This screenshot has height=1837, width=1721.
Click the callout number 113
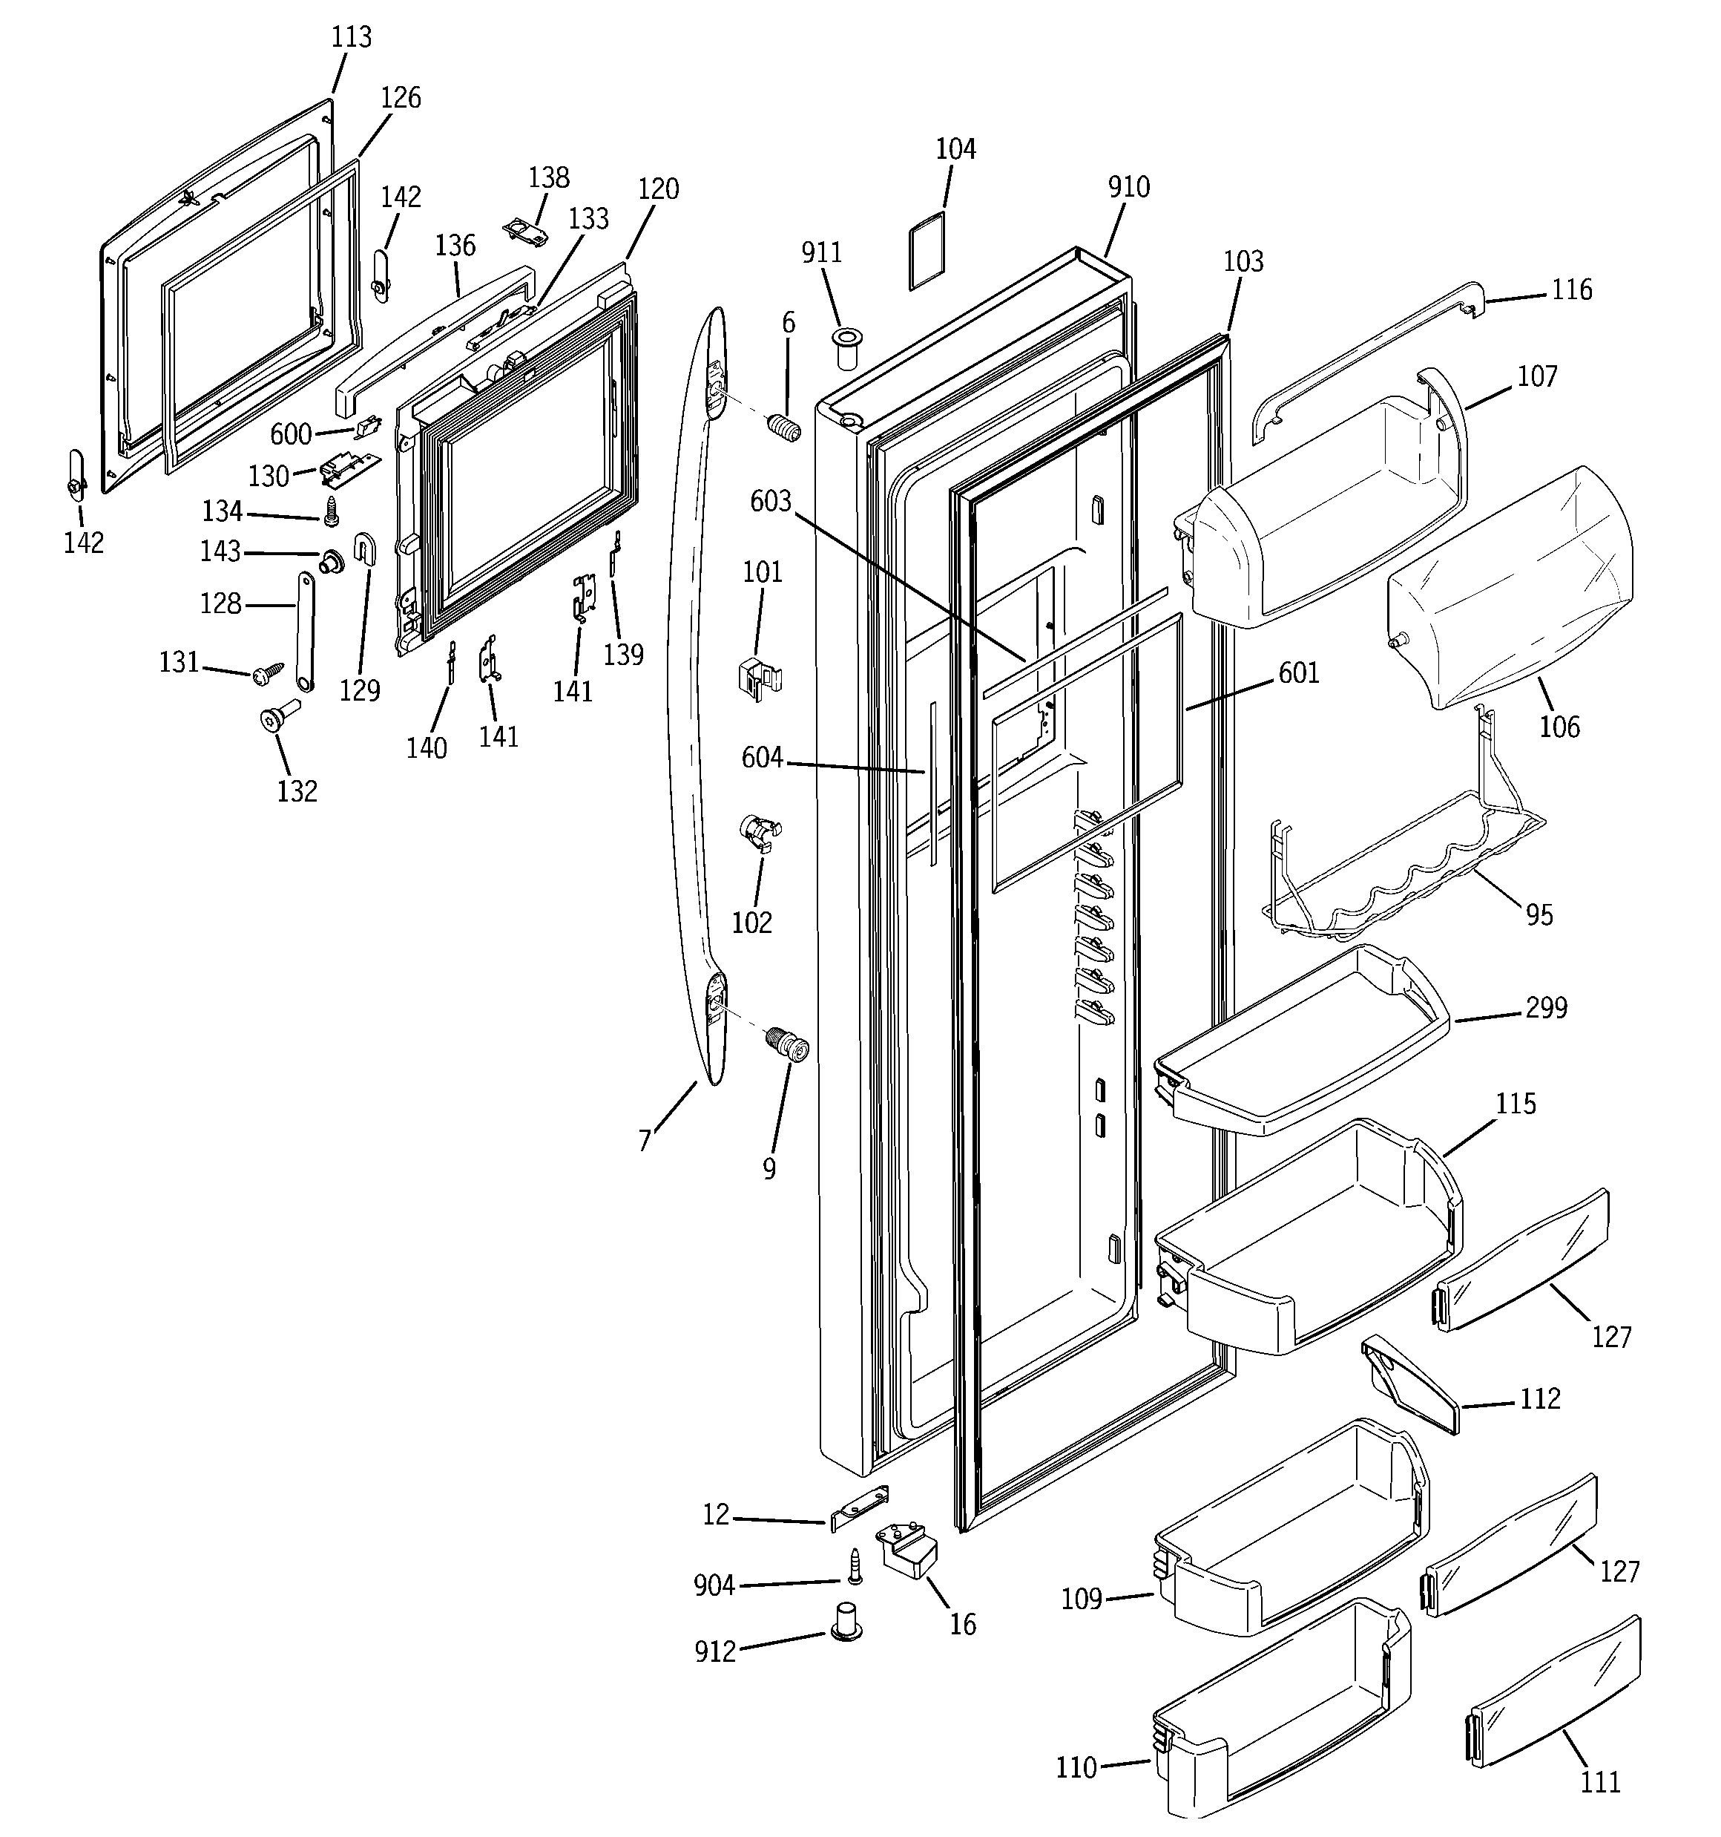(351, 37)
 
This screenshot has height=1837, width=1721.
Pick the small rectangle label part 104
(927, 250)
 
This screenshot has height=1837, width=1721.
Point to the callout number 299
(1545, 1007)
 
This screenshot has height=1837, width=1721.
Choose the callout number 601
(1298, 672)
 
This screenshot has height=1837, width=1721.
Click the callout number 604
(762, 758)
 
